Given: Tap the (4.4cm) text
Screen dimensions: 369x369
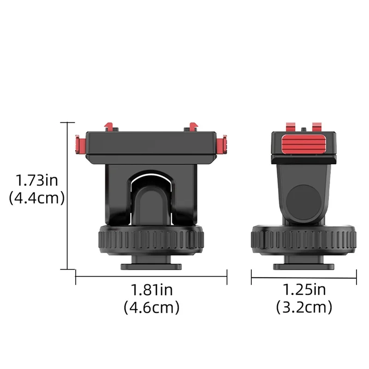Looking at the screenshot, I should click(x=36, y=198).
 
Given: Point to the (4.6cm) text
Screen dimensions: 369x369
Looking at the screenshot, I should click(x=151, y=307).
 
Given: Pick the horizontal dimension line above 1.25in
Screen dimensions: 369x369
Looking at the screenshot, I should click(x=304, y=277).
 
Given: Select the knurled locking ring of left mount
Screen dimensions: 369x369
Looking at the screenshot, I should click(x=151, y=240).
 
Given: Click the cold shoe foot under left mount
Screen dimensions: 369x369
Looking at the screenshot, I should click(x=151, y=266).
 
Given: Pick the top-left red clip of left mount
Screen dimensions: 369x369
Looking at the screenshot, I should click(x=109, y=126).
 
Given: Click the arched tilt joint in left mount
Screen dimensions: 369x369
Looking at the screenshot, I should click(x=151, y=194).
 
